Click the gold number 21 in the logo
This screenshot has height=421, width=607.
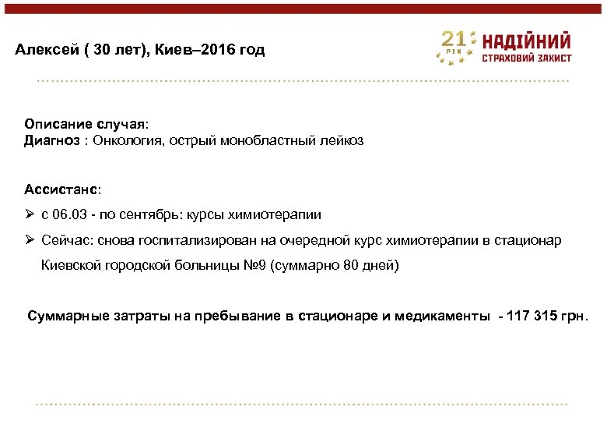(454, 40)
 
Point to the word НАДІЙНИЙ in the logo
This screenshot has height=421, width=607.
(527, 41)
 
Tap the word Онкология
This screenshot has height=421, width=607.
(129, 141)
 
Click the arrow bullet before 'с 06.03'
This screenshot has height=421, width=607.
(29, 214)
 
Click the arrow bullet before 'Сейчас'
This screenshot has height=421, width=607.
(29, 240)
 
